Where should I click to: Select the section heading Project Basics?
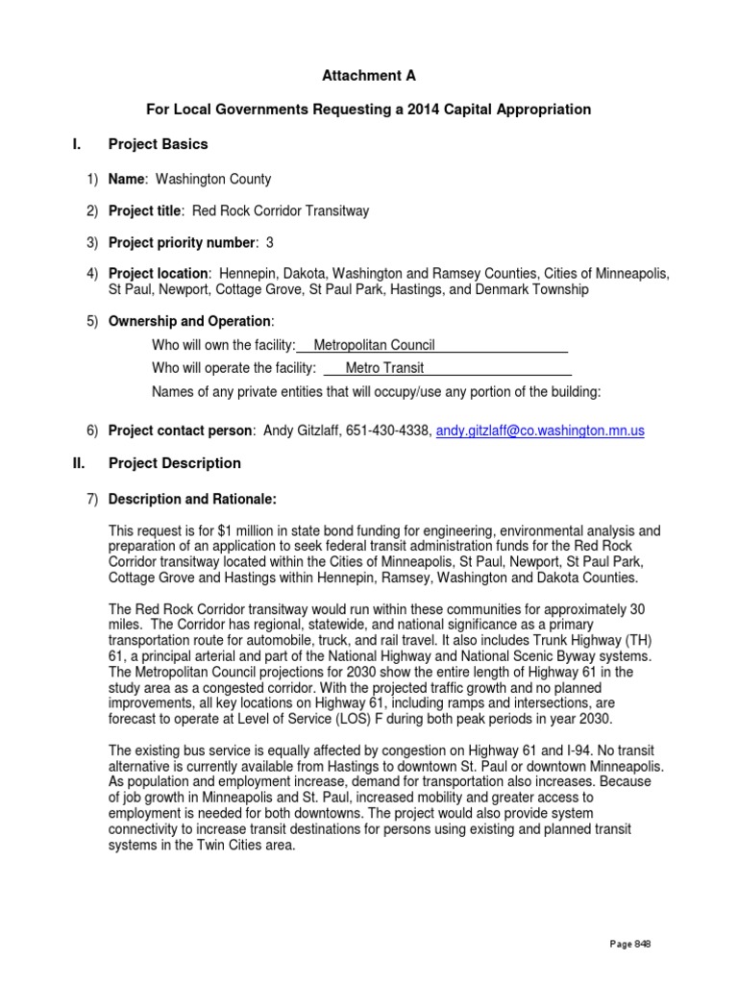pos(158,144)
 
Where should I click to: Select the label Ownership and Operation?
pos(190,321)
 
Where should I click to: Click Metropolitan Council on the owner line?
pos(375,345)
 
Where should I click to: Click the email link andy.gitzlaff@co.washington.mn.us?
pos(540,431)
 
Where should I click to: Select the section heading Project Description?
pos(174,463)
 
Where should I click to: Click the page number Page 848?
pos(630,945)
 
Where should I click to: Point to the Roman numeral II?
pos(79,463)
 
